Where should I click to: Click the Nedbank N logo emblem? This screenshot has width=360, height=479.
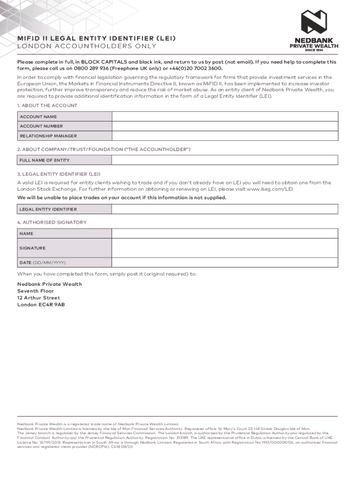[x=314, y=22]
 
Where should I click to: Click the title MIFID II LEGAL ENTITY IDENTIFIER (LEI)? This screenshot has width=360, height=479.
[x=97, y=38]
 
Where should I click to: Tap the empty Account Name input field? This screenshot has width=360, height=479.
[x=225, y=116]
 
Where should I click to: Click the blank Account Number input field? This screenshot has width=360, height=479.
[x=225, y=126]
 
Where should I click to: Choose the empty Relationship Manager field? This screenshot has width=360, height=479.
[x=225, y=136]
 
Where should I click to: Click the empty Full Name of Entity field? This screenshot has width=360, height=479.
[x=225, y=160]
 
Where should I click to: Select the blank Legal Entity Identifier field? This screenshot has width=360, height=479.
[x=225, y=209]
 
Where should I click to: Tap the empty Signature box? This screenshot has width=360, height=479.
[x=225, y=247]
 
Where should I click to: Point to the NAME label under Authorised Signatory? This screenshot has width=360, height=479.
[x=26, y=233]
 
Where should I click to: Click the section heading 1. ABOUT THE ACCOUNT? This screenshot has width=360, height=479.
[x=47, y=106]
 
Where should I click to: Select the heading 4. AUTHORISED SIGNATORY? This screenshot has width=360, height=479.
[x=52, y=222]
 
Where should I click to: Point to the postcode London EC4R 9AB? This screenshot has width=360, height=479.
[x=41, y=305]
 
